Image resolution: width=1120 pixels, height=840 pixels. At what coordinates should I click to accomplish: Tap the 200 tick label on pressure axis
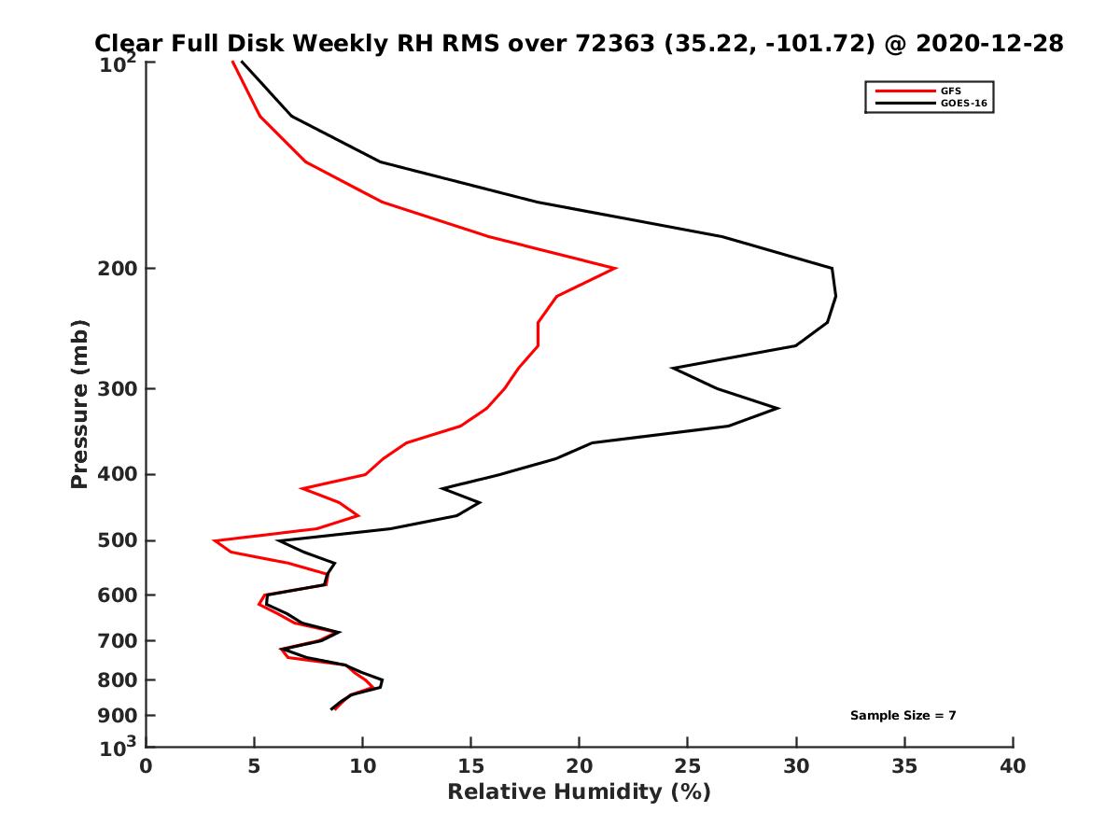click(x=118, y=269)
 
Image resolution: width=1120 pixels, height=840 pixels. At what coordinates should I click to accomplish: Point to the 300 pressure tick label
click(x=118, y=389)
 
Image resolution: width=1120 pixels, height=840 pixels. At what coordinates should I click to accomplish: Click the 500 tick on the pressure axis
click(x=118, y=541)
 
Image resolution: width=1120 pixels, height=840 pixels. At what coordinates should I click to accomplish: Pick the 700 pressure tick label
click(x=118, y=641)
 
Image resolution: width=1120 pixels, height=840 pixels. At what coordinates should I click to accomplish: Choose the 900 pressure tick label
click(x=118, y=716)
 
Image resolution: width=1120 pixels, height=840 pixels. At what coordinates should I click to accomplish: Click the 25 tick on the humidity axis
click(x=688, y=766)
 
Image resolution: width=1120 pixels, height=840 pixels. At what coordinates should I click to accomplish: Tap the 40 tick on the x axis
click(x=1013, y=766)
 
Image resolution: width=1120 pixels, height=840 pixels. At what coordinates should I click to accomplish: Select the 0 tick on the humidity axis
click(x=147, y=766)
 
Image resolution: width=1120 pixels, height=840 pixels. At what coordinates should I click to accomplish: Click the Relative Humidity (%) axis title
click(x=579, y=792)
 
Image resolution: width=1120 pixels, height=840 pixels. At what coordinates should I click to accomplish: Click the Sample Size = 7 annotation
click(x=903, y=716)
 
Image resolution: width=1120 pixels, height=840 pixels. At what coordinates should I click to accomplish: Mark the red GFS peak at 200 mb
click(x=614, y=268)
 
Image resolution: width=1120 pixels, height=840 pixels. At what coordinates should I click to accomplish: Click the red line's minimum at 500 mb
click(x=215, y=540)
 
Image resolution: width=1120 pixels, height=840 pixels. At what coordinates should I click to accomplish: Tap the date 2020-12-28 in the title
click(x=988, y=44)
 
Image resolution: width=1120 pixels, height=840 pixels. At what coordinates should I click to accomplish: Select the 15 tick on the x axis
click(x=471, y=766)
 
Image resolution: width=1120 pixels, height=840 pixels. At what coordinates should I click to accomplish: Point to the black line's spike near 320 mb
click(x=777, y=408)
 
